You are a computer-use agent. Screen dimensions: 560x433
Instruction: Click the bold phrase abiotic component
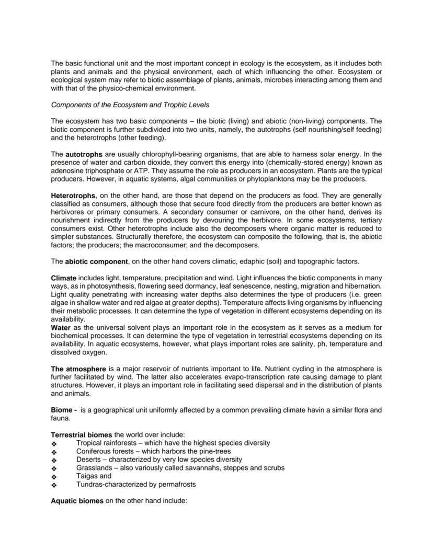click(97, 261)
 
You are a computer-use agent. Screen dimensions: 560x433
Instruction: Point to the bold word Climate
click(64, 277)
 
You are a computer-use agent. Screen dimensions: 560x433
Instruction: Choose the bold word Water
click(61, 327)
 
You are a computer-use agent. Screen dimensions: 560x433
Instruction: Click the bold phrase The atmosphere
click(78, 368)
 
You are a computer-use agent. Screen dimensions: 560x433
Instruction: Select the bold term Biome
click(61, 409)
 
